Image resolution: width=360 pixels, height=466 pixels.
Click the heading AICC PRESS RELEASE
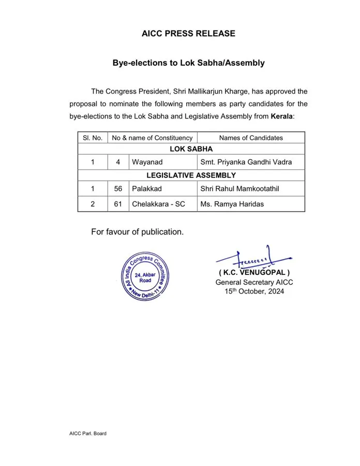pos(188,34)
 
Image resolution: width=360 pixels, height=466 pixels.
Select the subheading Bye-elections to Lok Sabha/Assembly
pos(188,63)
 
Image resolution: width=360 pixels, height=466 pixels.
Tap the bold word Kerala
pos(281,116)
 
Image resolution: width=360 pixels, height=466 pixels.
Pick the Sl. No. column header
pos(93,138)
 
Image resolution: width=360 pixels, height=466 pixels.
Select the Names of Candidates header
pos(251,138)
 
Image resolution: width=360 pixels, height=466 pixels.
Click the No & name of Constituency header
pos(152,138)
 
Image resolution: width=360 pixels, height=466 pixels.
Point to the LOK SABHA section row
pos(191,149)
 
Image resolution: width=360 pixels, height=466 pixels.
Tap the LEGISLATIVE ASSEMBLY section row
pos(191,176)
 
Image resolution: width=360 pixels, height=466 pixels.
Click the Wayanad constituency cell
pos(147,162)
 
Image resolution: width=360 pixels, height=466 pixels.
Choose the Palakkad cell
pos(147,189)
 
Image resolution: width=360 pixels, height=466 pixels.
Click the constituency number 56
pos(118,189)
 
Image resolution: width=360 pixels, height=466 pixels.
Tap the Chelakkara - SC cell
pos(158,204)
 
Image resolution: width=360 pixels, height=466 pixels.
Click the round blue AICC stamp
pos(145,278)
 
